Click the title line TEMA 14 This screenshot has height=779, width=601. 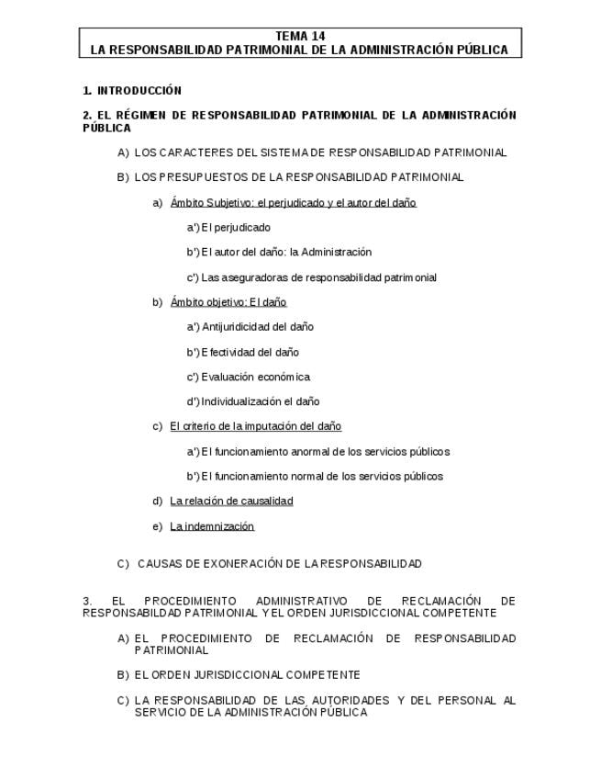tap(300, 36)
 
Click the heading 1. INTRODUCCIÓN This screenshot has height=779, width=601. tap(132, 91)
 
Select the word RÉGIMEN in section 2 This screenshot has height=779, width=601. tap(139, 116)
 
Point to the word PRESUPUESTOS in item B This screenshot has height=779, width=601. tap(199, 177)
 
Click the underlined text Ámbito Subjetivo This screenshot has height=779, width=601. tap(211, 203)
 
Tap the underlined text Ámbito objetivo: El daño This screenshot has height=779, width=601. tap(228, 302)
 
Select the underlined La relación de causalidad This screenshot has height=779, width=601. tap(231, 502)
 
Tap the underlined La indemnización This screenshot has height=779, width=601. tap(212, 526)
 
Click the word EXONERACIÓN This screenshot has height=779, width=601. tap(236, 563)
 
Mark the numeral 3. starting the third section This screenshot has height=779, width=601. tap(87, 601)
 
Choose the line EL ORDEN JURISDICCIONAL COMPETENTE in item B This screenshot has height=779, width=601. tap(247, 675)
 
